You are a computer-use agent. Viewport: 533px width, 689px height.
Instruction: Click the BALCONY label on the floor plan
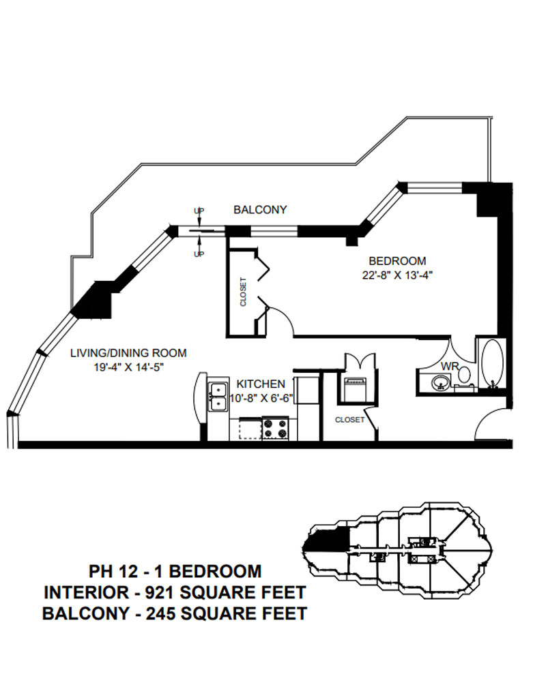260,210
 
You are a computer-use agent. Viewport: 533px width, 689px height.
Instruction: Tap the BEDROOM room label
397,261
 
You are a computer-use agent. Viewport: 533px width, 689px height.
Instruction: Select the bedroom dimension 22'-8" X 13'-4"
397,275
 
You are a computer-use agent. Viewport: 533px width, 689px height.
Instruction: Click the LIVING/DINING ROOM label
129,353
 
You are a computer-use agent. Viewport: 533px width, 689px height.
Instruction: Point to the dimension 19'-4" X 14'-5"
129,367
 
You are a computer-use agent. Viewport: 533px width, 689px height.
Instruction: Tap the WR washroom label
448,366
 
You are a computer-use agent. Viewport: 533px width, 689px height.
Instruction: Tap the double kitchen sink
218,397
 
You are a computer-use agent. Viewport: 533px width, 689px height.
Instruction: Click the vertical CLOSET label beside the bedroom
242,292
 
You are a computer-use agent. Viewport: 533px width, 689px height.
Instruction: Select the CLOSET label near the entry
349,420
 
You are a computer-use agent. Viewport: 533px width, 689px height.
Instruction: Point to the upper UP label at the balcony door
199,211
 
